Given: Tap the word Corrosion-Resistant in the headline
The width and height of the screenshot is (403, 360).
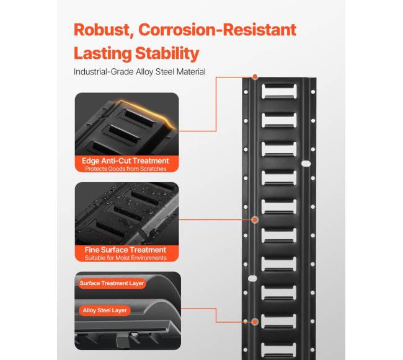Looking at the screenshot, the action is point(218,30).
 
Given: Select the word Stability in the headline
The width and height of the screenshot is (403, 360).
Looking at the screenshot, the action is point(167,54).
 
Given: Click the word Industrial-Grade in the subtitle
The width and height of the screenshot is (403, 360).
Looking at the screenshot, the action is point(104,72).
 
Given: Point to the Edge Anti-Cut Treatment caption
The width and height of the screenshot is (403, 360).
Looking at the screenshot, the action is point(125,160).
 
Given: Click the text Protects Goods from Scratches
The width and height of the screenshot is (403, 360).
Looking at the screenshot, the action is point(126,169).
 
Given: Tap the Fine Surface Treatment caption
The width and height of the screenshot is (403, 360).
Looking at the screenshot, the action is point(125,250).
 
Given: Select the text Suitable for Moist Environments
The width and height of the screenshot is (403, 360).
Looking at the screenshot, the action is point(126,258).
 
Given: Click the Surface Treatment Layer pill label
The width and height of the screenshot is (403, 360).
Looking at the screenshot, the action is point(112,283).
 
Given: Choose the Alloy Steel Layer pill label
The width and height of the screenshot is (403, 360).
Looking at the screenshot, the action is point(105,310).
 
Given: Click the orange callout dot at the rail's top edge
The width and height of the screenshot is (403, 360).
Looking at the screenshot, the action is point(255,76).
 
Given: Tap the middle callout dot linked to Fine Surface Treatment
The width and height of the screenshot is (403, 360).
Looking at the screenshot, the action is point(255,220).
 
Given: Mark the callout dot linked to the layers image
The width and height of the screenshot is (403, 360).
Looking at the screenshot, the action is point(255,322).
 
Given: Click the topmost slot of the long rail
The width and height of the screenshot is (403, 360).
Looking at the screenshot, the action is point(279,91).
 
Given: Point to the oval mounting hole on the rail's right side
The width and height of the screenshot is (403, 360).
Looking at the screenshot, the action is point(306,164).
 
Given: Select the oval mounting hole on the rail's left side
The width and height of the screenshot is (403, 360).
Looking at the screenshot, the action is point(252,278).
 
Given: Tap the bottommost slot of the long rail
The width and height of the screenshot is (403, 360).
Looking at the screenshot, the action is point(278,349).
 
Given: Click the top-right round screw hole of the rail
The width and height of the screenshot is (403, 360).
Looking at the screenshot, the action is point(313,92).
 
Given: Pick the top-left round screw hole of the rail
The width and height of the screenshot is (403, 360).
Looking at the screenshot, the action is point(246,92).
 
